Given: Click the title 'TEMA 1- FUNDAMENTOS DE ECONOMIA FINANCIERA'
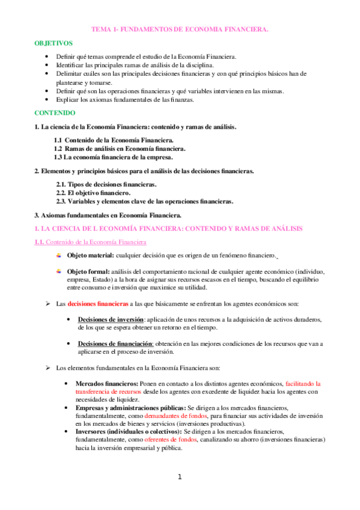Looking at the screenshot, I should [x=180, y=28].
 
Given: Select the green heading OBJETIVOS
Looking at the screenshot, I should [x=53, y=44].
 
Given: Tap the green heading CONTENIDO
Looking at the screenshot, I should [x=54, y=112].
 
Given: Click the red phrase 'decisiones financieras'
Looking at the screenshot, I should [x=98, y=304].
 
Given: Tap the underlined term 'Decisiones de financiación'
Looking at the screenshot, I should [x=115, y=343].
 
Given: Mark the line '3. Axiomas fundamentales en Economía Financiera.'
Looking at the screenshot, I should [x=108, y=215].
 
